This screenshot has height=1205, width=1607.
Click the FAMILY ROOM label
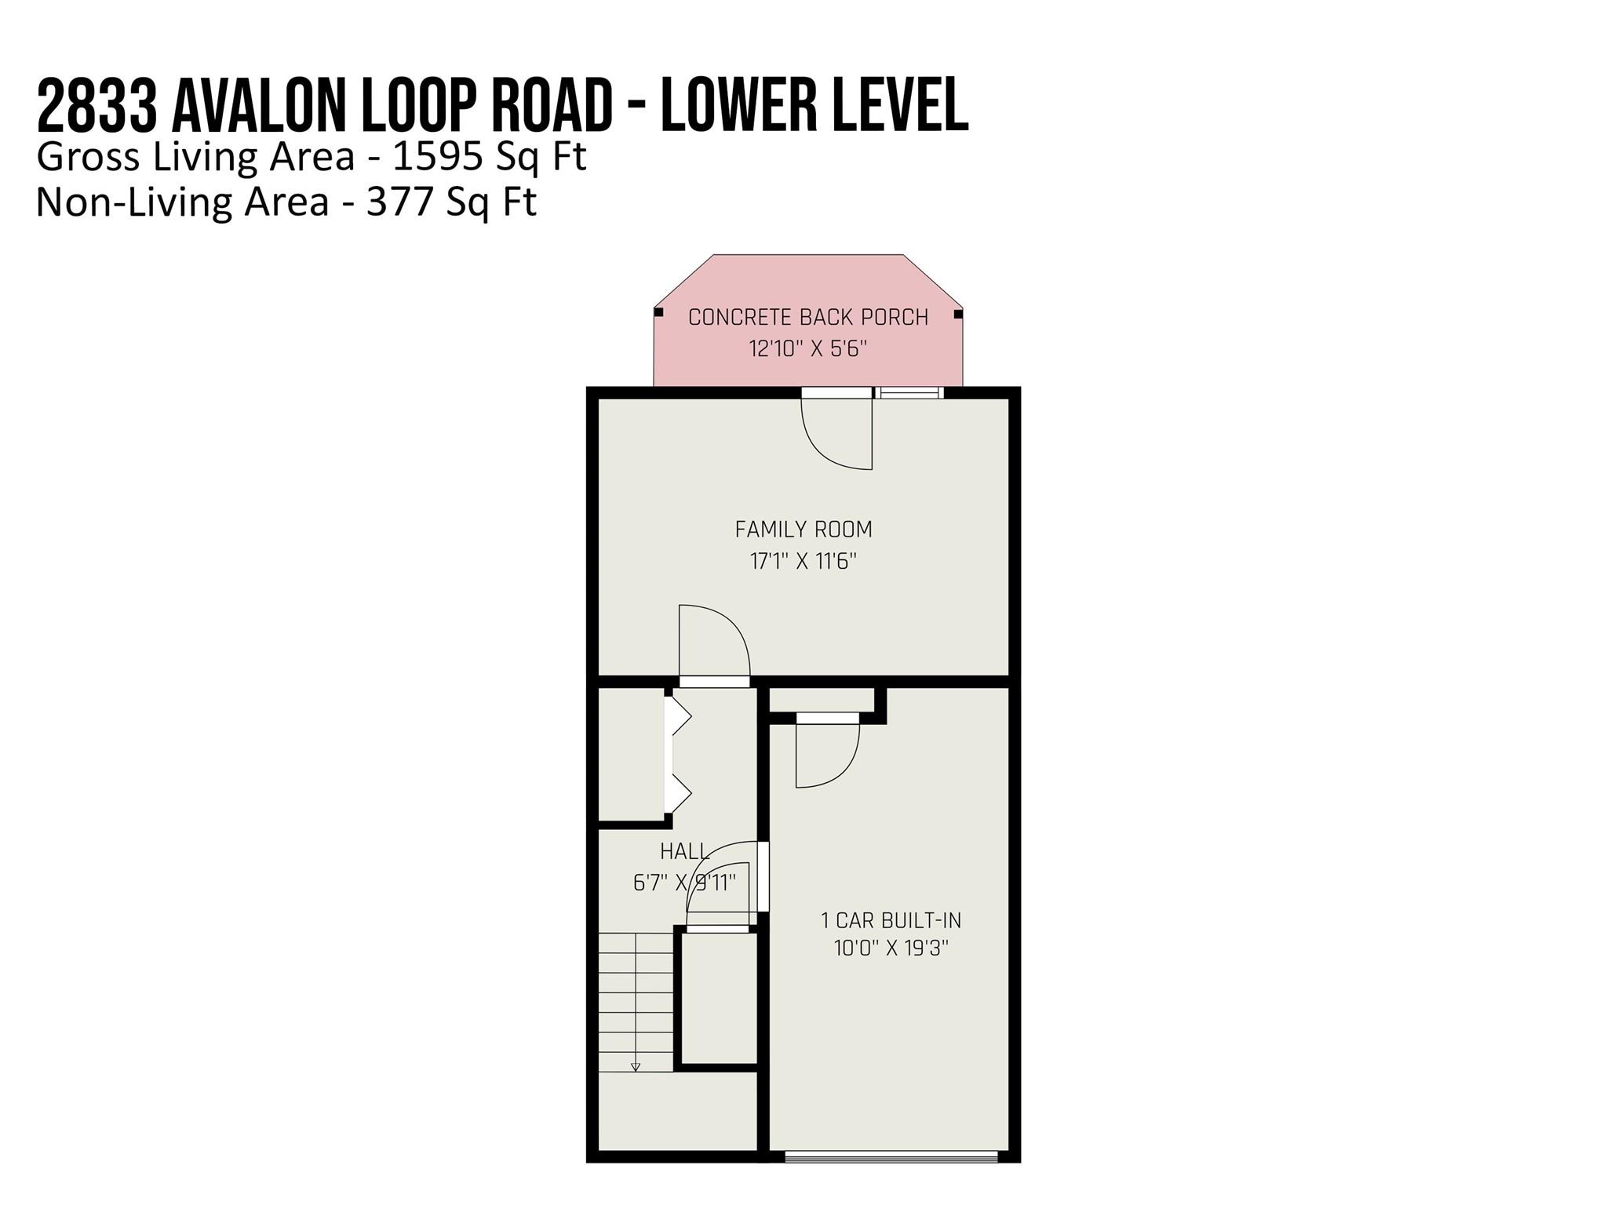pos(803,530)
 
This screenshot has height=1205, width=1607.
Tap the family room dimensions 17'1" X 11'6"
pos(803,561)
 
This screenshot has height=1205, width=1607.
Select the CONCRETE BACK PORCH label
pos(808,317)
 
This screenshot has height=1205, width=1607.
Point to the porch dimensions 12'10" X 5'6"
pos(808,348)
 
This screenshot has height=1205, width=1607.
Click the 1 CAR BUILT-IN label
pos(891,920)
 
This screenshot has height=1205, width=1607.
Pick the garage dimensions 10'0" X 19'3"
pos(891,948)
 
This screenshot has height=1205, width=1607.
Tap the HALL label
pos(684,851)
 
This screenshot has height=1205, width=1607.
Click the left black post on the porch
pos(659,312)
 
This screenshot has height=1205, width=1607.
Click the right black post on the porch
pos(958,315)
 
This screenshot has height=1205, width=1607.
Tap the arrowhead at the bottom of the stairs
pos(636,1067)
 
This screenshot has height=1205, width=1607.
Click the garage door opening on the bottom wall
pos(891,1156)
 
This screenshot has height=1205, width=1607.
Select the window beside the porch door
pos(910,392)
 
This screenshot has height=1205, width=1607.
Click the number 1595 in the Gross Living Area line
pos(437,157)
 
